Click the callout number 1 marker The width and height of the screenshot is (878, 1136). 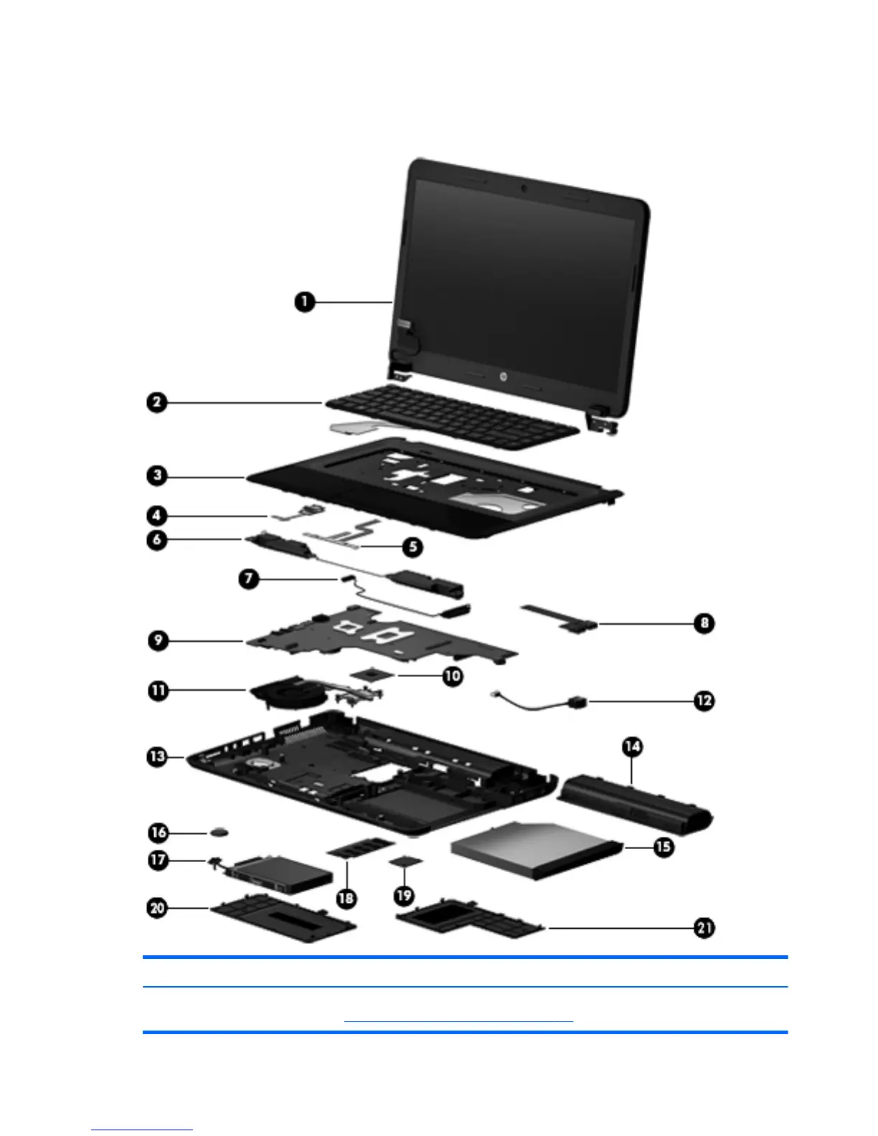(304, 302)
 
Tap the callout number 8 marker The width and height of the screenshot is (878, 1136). (704, 623)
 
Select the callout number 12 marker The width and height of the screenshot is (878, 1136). (704, 701)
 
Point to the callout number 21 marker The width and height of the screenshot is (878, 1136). (704, 928)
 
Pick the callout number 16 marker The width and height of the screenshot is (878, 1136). (158, 833)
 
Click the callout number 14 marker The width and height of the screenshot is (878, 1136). (632, 747)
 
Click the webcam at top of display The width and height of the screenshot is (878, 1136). (524, 188)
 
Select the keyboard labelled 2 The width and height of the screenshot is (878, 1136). (452, 416)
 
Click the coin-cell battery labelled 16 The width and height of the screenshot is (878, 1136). (221, 832)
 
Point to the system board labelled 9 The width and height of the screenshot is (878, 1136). (380, 638)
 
